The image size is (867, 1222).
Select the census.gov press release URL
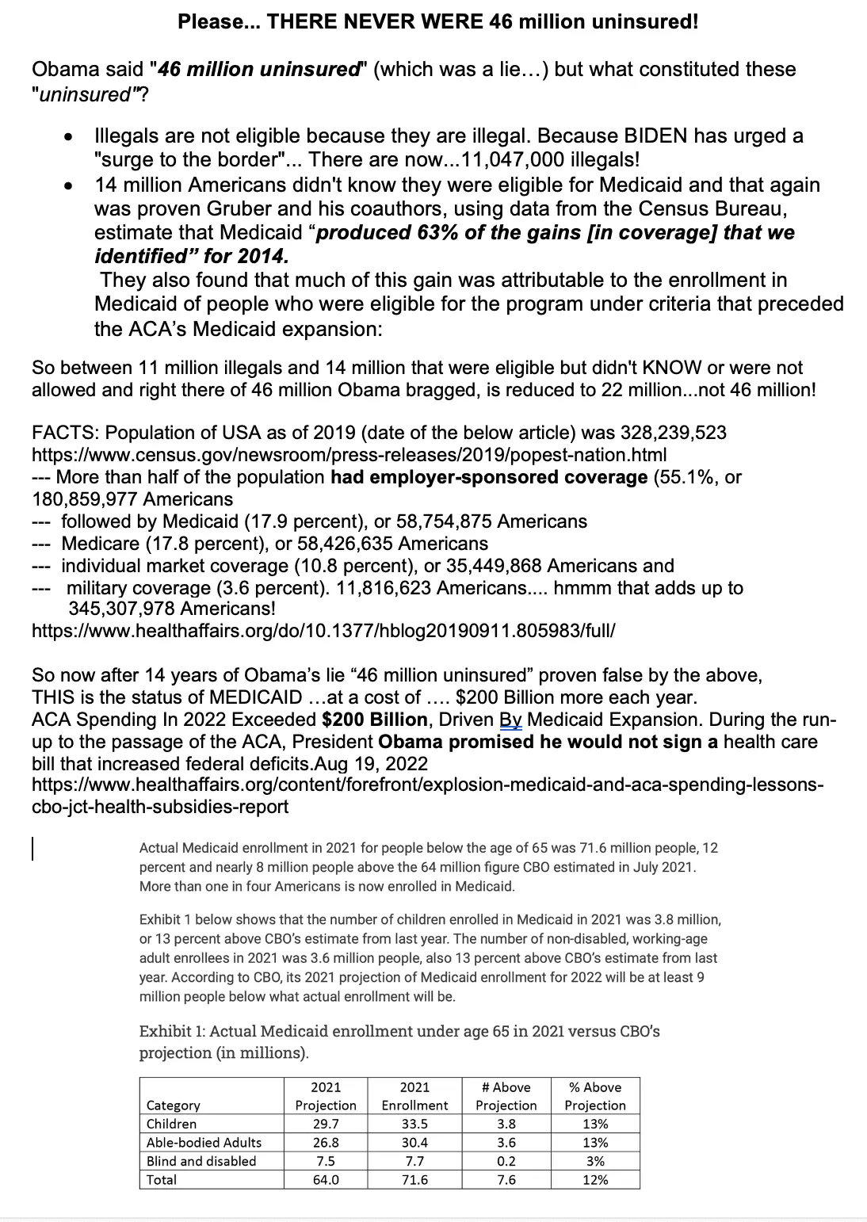(x=349, y=455)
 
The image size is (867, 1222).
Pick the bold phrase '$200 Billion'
(x=374, y=720)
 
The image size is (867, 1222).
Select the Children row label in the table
(x=172, y=1124)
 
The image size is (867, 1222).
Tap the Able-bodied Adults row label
(x=204, y=1143)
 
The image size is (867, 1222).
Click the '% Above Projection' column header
(x=595, y=1096)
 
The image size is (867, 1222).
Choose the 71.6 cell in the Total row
(x=414, y=1180)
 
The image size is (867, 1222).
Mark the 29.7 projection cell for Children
(x=326, y=1124)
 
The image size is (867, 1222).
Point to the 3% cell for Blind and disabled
(x=595, y=1161)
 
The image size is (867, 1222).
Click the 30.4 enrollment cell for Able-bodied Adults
(x=414, y=1143)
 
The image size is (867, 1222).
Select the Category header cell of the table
(x=174, y=1106)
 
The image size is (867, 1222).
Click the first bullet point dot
(x=70, y=137)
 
